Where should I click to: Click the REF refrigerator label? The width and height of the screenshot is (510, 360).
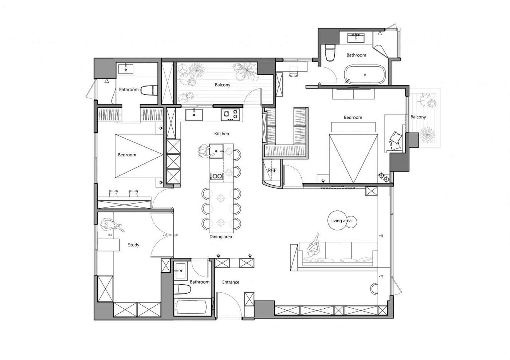272,170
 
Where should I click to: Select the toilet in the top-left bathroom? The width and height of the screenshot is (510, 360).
149,90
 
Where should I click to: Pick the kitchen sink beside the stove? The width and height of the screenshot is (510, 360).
194,115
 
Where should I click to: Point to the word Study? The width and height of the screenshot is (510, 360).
133,245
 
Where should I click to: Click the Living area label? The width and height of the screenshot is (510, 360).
341,221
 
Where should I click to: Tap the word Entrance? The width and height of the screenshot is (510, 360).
231,282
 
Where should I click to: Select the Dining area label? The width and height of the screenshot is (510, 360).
221,237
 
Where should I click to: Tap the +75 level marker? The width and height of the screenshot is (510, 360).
381,276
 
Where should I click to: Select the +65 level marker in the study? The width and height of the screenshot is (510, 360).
110,235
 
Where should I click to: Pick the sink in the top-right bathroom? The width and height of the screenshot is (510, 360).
356,38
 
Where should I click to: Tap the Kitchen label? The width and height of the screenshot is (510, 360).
221,134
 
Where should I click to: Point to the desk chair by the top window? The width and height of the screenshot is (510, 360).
294,73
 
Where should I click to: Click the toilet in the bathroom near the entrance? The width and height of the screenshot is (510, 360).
182,289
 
